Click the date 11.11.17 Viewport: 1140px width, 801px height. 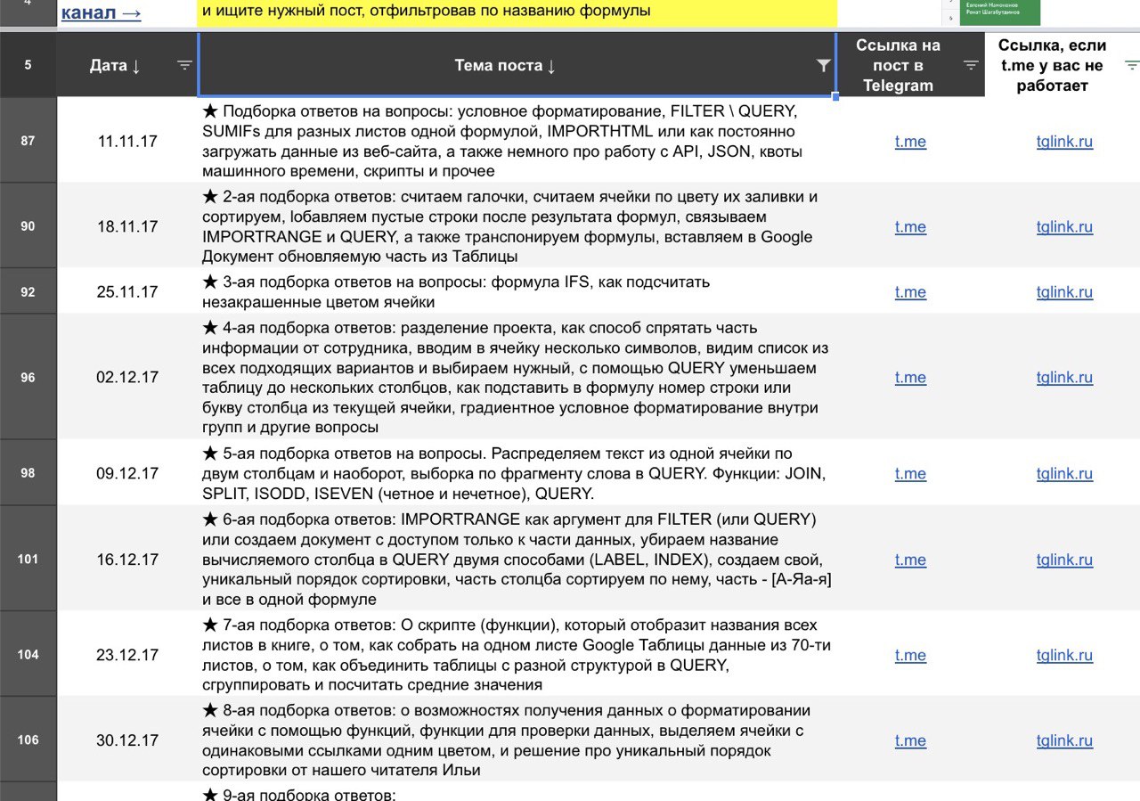point(127,142)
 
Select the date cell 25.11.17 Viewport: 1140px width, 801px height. point(127,292)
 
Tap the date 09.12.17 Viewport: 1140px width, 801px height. point(127,474)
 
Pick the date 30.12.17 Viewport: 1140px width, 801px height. point(127,740)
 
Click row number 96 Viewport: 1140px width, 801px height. point(28,378)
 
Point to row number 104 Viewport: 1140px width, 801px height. point(28,655)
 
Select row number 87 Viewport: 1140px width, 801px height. point(28,142)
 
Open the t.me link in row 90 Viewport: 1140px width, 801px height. point(910,227)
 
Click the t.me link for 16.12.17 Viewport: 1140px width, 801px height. point(910,560)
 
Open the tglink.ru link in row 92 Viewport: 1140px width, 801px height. point(1064,292)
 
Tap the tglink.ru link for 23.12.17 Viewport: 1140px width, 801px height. point(1064,656)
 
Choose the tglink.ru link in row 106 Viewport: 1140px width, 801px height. point(1064,741)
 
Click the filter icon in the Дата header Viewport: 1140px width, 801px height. point(184,65)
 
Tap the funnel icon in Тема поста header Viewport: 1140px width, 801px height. point(824,65)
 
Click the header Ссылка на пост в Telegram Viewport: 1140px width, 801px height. point(897,65)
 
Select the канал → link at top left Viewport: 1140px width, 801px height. point(101,13)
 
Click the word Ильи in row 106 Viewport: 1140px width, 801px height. point(460,770)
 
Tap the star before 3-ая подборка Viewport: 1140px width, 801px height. point(210,282)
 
